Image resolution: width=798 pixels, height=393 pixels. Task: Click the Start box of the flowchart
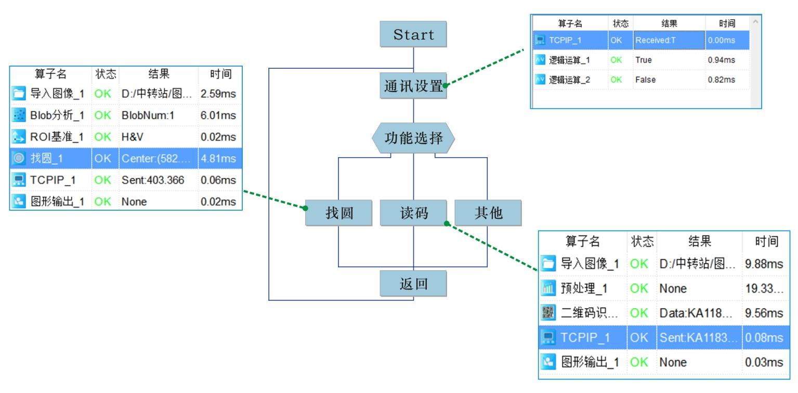pos(413,35)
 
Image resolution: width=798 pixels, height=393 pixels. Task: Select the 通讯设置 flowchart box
pos(413,85)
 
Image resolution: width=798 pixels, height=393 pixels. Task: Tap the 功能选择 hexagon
pos(413,138)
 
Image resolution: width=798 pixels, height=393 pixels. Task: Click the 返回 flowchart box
pos(413,284)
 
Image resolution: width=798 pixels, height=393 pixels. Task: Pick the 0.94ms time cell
pos(722,60)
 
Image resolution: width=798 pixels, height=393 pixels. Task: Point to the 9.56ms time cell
pos(764,313)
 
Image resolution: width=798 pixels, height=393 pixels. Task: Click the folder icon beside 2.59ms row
pos(18,95)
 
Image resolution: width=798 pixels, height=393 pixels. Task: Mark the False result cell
pos(645,80)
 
